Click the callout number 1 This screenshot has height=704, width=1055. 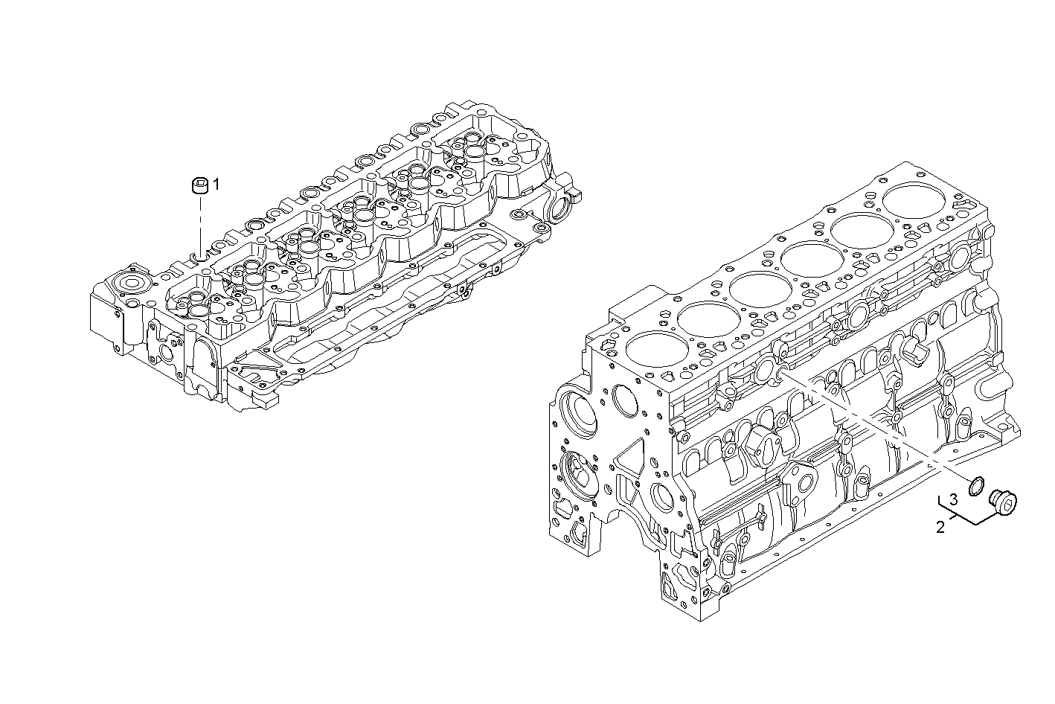[217, 185]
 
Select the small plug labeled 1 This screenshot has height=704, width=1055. [199, 186]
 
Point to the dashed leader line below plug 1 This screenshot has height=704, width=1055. [199, 223]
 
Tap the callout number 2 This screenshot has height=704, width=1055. [940, 528]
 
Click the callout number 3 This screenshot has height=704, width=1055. [953, 499]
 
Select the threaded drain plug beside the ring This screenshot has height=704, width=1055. [1004, 504]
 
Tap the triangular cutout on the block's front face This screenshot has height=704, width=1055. [629, 458]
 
